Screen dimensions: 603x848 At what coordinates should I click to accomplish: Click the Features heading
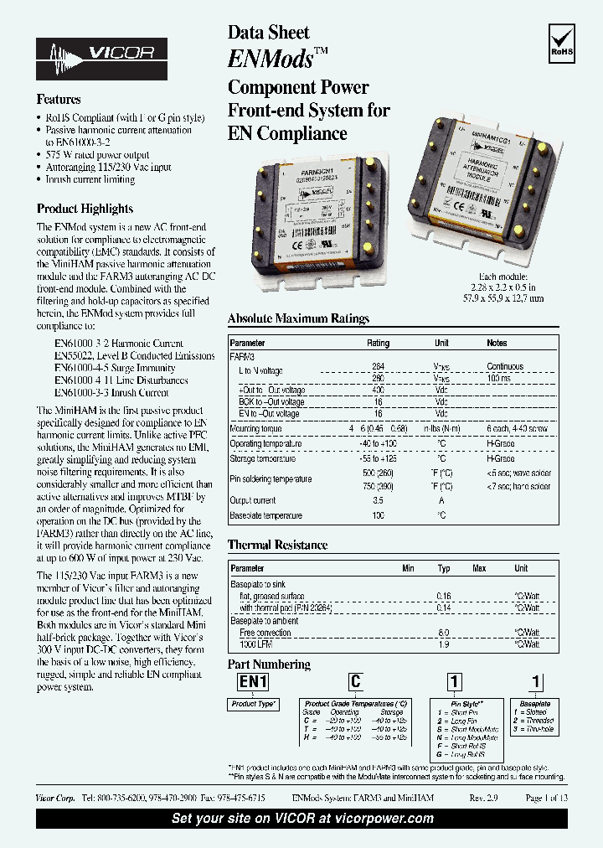click(x=59, y=100)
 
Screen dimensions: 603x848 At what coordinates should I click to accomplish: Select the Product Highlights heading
click(x=85, y=209)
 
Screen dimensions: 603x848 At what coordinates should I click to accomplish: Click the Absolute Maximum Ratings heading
click(x=298, y=318)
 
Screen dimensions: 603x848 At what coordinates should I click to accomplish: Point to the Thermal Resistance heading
click(x=277, y=546)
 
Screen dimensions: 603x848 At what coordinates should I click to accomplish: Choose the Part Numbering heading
click(x=269, y=664)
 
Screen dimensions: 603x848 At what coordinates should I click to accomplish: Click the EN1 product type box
click(x=253, y=682)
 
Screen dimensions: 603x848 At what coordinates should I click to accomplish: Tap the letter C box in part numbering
click(x=355, y=682)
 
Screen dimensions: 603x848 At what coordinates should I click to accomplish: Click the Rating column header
click(x=378, y=344)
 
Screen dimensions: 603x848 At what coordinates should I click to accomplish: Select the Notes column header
click(x=497, y=344)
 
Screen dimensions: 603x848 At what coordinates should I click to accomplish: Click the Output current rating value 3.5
click(x=378, y=500)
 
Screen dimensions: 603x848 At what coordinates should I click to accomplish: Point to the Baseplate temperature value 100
click(x=378, y=516)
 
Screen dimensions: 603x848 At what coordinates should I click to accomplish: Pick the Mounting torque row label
click(x=257, y=429)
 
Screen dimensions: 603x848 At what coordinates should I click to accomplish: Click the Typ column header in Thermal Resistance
click(x=444, y=568)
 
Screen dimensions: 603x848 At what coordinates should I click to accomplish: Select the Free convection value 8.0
click(x=444, y=633)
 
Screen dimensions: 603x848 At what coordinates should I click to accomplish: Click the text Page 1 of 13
click(x=546, y=799)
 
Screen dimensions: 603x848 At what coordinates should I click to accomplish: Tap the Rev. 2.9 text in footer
click(x=484, y=799)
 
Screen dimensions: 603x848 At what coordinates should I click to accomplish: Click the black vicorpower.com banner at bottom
click(x=301, y=819)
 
